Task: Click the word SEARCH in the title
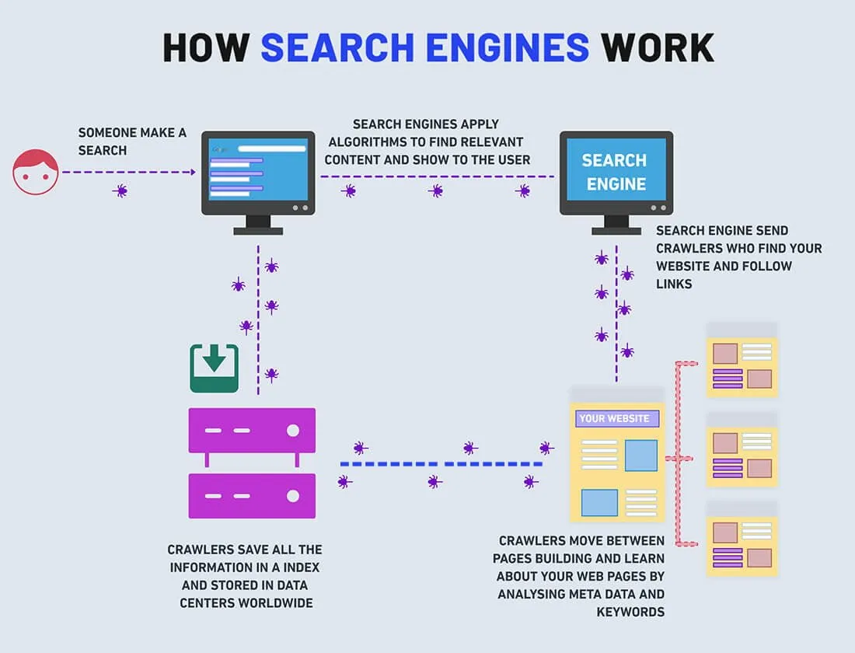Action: click(x=337, y=47)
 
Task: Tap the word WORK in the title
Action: click(x=657, y=47)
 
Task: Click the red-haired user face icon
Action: click(x=36, y=172)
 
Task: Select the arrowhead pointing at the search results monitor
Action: click(x=193, y=173)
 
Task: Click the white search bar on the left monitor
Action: click(x=271, y=149)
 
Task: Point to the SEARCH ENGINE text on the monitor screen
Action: click(x=615, y=172)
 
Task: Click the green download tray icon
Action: click(x=215, y=368)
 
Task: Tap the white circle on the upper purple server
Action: click(x=293, y=431)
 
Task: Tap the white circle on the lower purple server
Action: click(x=293, y=496)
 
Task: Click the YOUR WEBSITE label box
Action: click(x=617, y=418)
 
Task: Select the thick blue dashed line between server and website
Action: click(x=441, y=464)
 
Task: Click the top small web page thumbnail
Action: click(x=742, y=359)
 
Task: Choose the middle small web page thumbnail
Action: click(x=742, y=449)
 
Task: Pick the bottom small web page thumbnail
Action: click(x=742, y=539)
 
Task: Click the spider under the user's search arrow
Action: click(x=120, y=191)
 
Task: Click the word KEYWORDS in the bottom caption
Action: click(x=630, y=612)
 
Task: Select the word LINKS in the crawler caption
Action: click(x=674, y=284)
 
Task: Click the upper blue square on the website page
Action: click(x=640, y=456)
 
